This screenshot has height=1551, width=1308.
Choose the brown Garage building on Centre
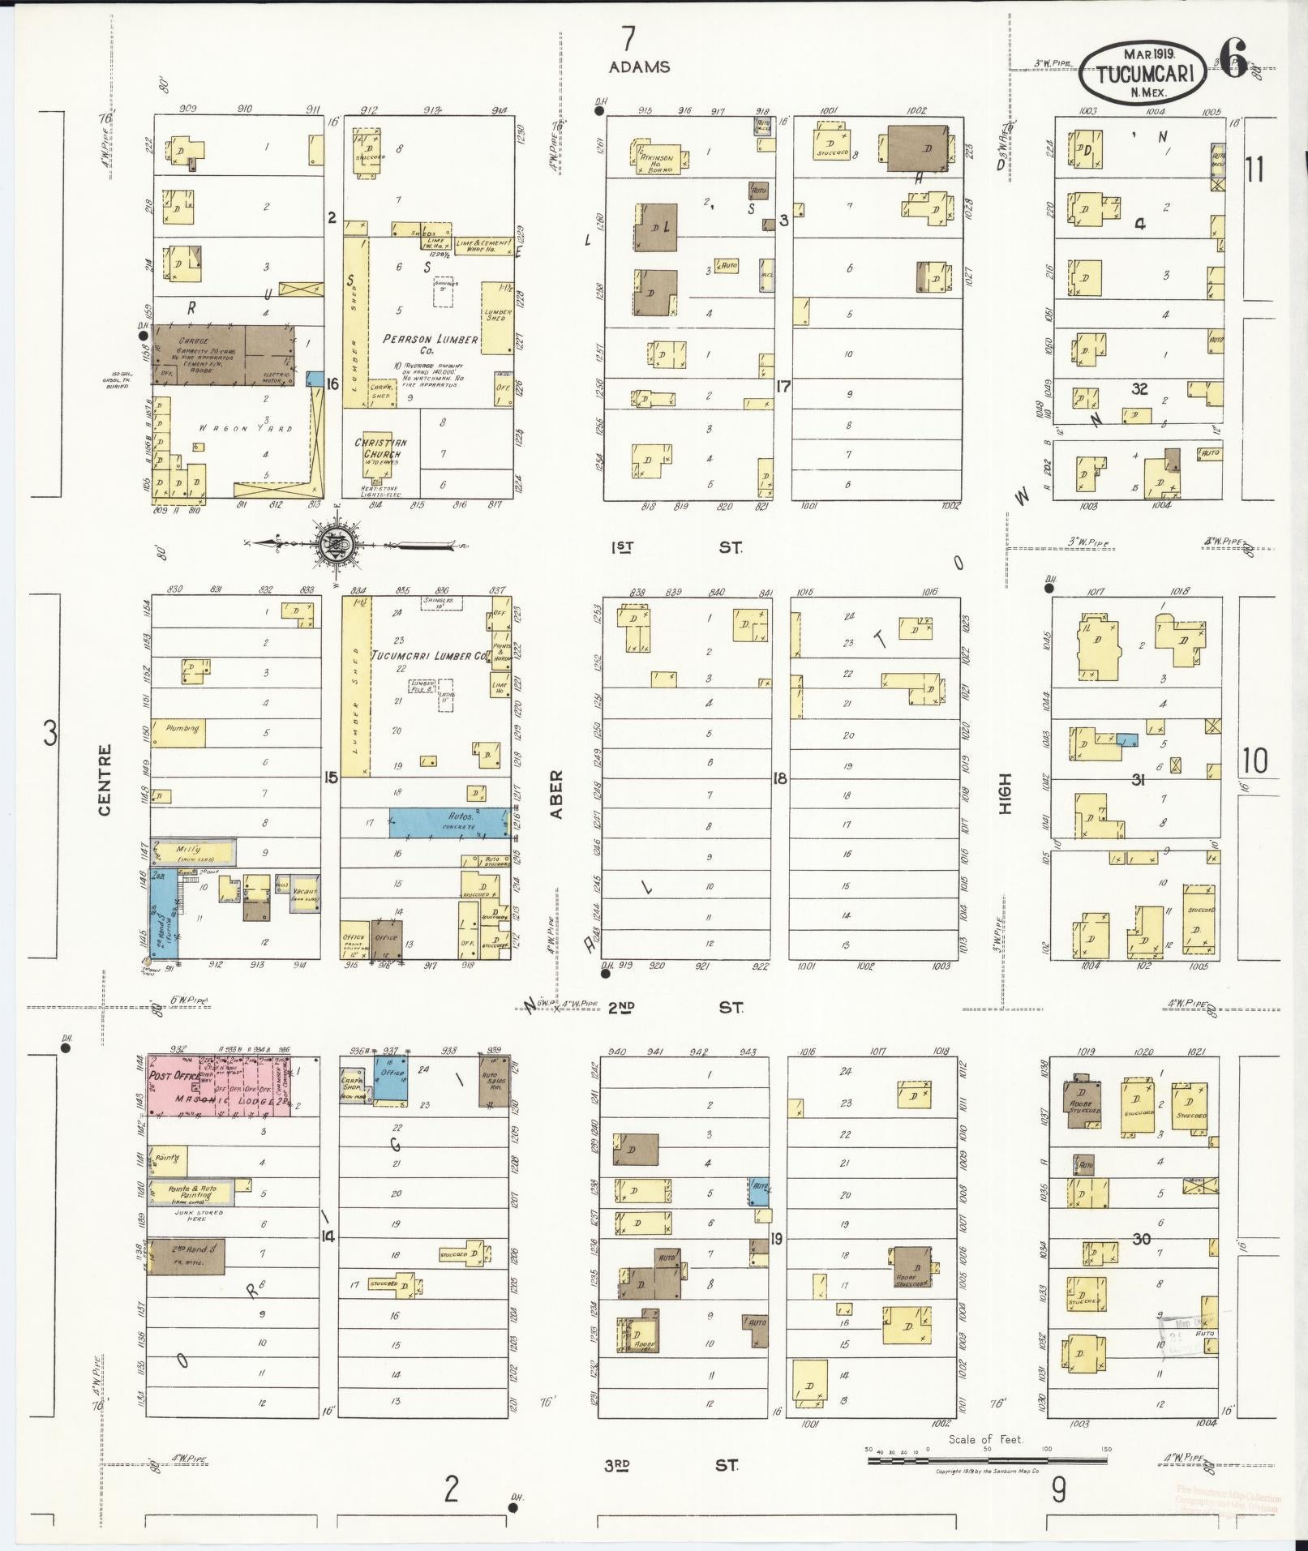click(223, 354)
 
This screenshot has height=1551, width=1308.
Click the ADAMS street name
click(640, 67)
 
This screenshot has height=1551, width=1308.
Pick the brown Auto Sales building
click(493, 1082)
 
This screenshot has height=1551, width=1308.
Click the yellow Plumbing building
click(180, 732)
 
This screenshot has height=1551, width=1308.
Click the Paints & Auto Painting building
click(193, 1193)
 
